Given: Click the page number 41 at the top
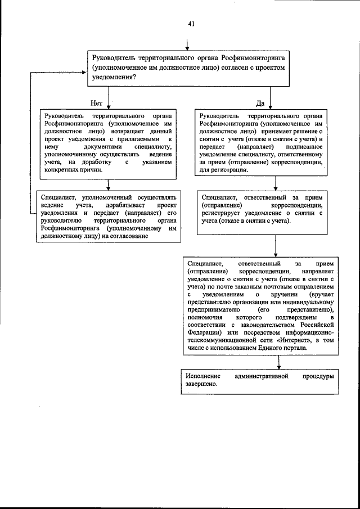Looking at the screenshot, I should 191,24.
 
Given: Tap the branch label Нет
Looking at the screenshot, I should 96,103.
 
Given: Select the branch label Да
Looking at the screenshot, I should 260,103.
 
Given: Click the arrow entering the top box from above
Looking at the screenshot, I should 187,46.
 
